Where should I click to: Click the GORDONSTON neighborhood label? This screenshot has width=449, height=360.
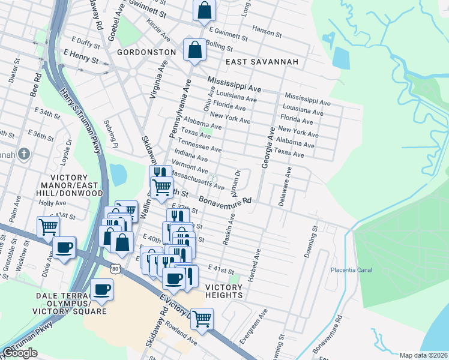[x=146, y=52]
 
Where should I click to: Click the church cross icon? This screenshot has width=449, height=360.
[x=25, y=154]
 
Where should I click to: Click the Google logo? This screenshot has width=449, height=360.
[x=19, y=353]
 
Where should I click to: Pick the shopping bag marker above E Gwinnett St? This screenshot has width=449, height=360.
[x=204, y=10]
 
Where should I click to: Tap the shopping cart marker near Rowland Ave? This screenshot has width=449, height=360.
[x=202, y=319]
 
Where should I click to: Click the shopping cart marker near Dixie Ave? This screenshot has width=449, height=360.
[x=48, y=227]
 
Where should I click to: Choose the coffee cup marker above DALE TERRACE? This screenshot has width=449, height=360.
[x=102, y=290]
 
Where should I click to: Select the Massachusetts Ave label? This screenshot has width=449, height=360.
[x=197, y=179]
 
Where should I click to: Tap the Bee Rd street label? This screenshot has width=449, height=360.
[x=36, y=86]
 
